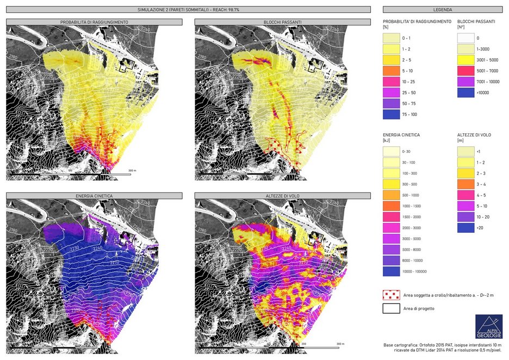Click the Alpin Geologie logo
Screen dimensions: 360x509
click(488, 326)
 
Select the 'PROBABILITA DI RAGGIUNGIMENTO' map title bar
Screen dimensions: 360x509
click(95, 21)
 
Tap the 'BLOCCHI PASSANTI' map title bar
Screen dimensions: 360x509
click(283, 21)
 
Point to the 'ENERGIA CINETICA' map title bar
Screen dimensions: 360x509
click(95, 195)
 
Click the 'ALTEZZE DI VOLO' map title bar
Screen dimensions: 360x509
click(283, 195)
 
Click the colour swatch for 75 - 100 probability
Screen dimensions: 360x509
click(391, 115)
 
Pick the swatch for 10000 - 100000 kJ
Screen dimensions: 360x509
click(391, 270)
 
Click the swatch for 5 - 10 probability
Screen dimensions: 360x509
click(391, 71)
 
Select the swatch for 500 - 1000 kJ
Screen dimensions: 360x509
click(391, 194)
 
